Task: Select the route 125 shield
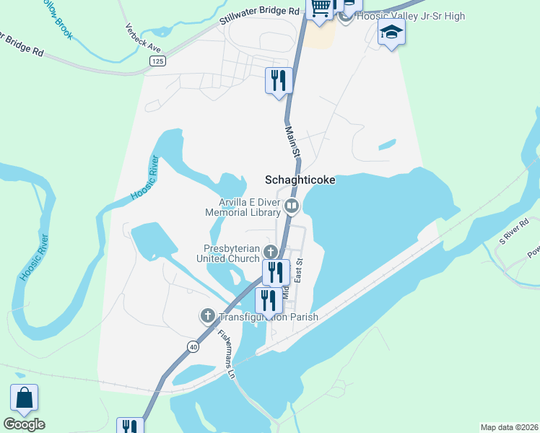pos(157,61)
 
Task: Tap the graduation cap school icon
pos(391,32)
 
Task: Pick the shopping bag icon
pos(24,398)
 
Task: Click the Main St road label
pos(292,141)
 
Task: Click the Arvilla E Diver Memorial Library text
pos(243,208)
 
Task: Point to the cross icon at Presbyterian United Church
pos(271,252)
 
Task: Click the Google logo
pos(24,424)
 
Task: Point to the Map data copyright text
pos(509,427)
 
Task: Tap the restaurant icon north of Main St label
pos(279,79)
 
